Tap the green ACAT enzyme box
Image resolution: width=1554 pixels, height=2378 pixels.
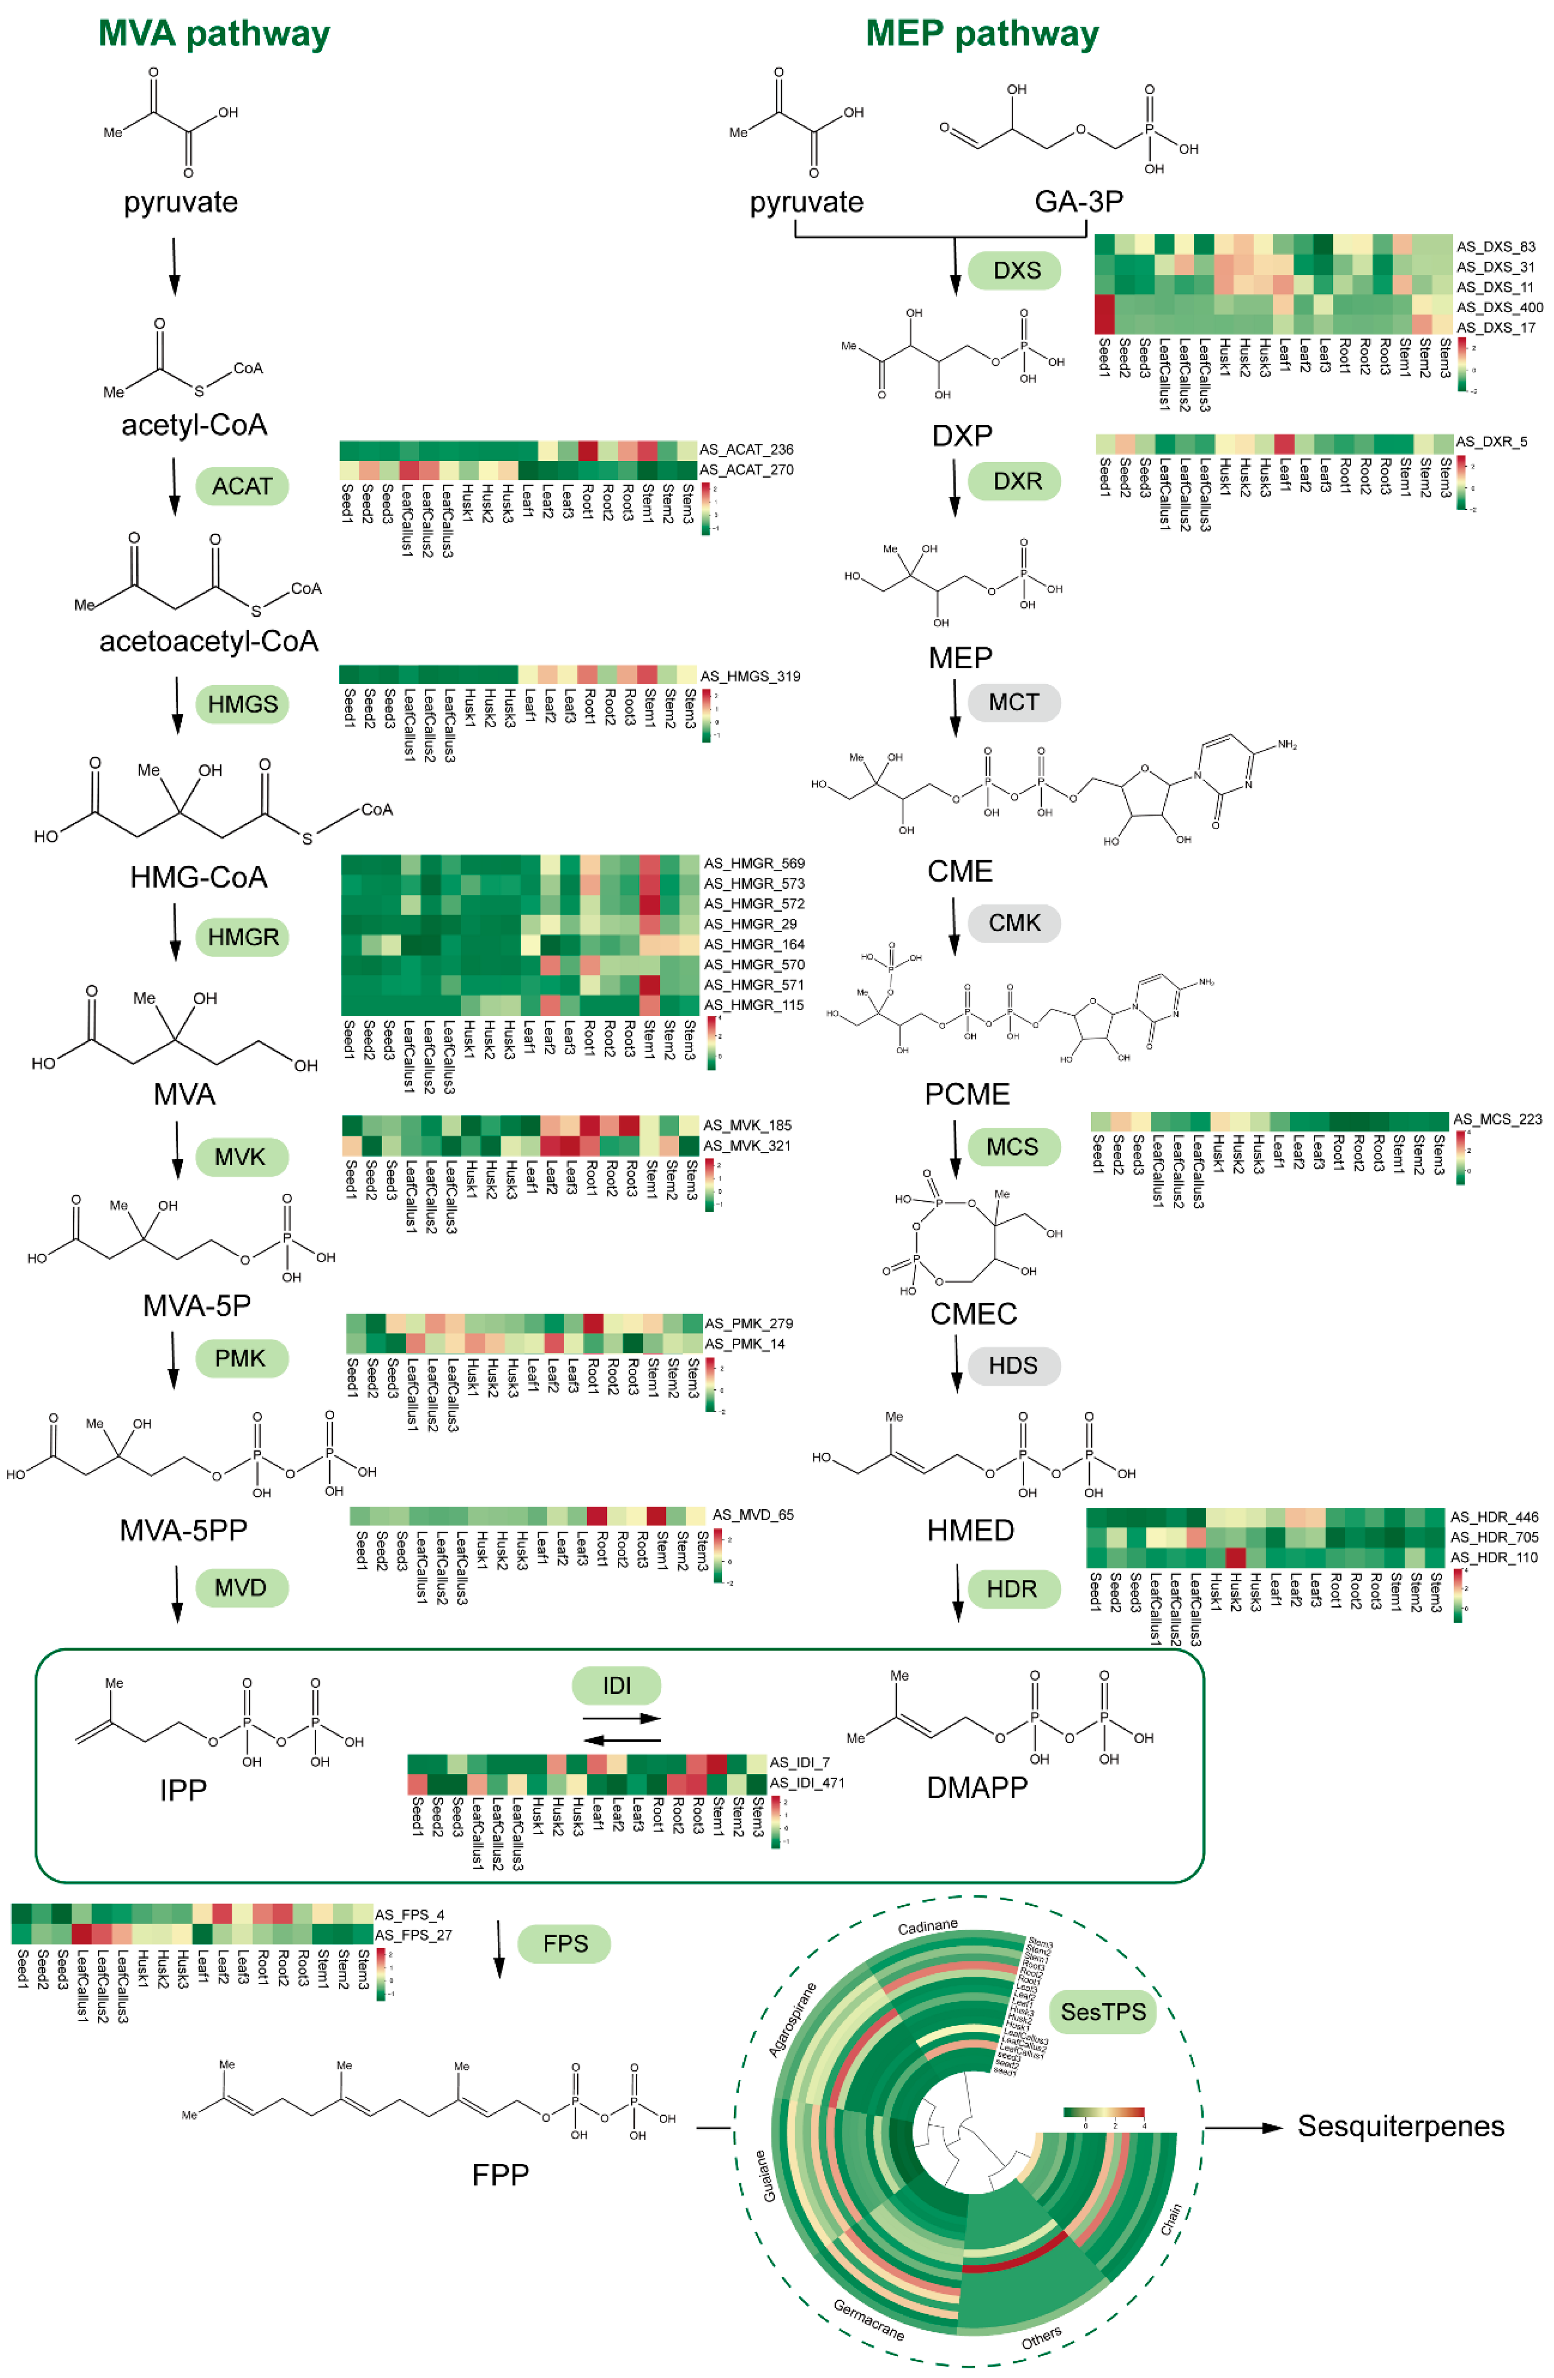point(242,487)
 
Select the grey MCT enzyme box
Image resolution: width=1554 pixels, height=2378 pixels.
point(1013,702)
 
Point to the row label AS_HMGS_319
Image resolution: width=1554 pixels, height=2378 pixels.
point(750,676)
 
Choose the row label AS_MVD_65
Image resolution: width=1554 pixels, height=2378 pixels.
point(752,1515)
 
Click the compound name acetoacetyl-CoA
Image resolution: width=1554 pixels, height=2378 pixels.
point(209,641)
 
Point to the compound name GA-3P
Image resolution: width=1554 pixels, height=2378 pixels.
point(1078,202)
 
